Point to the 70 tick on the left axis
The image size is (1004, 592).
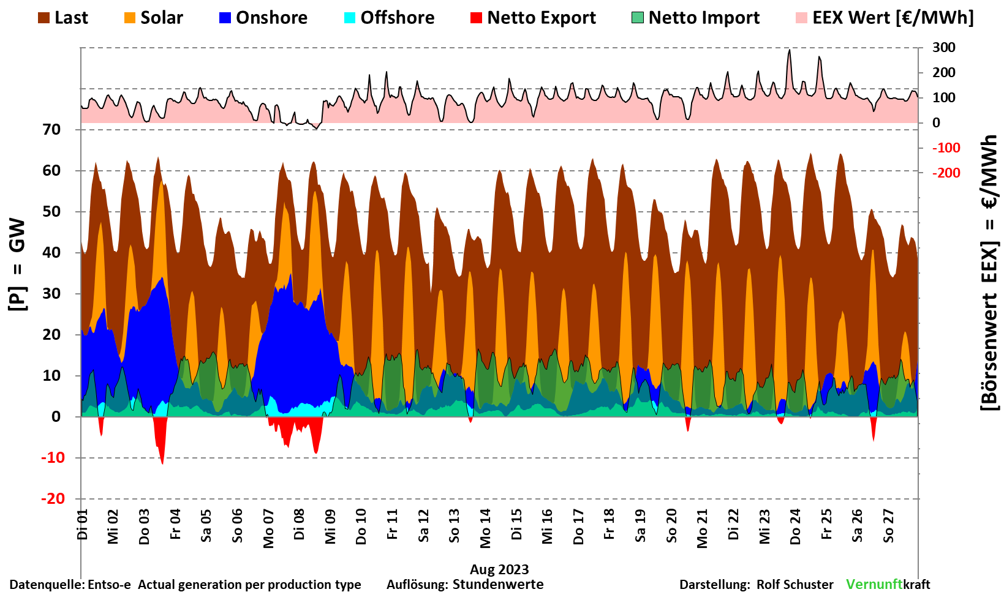click(x=52, y=130)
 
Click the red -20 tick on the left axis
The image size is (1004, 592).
click(x=53, y=499)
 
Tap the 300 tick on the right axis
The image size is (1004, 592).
click(x=943, y=48)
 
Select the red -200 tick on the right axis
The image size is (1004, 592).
click(x=946, y=173)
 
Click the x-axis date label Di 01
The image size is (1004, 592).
click(x=83, y=525)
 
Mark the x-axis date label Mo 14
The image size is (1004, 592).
click(x=485, y=528)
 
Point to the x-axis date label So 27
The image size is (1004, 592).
click(x=888, y=526)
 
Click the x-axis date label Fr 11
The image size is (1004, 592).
click(x=392, y=525)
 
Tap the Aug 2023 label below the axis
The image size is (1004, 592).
click(x=499, y=569)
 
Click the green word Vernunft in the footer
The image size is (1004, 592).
click(x=874, y=585)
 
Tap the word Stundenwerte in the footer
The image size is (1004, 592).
click(x=498, y=585)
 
